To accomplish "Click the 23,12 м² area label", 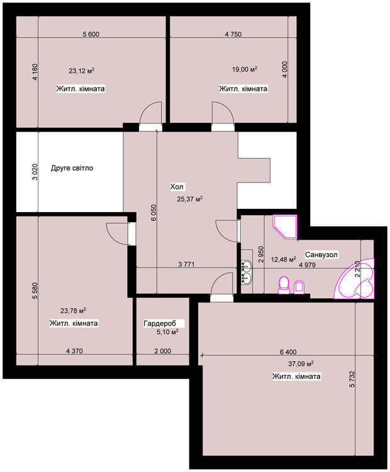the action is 82,71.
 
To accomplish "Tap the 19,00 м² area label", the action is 244,69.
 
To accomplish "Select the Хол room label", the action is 177,187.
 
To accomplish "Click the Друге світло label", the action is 72,168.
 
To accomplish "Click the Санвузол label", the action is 321,255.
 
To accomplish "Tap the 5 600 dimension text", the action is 91,35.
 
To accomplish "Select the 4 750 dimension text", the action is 233,35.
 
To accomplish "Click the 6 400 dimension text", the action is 288,352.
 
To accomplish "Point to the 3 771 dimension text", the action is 186,264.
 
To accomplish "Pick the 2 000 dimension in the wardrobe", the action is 163,351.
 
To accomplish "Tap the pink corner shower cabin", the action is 285,227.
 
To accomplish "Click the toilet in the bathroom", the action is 284,285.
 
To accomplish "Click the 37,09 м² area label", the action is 301,364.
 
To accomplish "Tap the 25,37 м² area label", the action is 189,199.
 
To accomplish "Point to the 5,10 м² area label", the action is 167,332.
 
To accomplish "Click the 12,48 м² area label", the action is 284,259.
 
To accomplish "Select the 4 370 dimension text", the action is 74,351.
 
